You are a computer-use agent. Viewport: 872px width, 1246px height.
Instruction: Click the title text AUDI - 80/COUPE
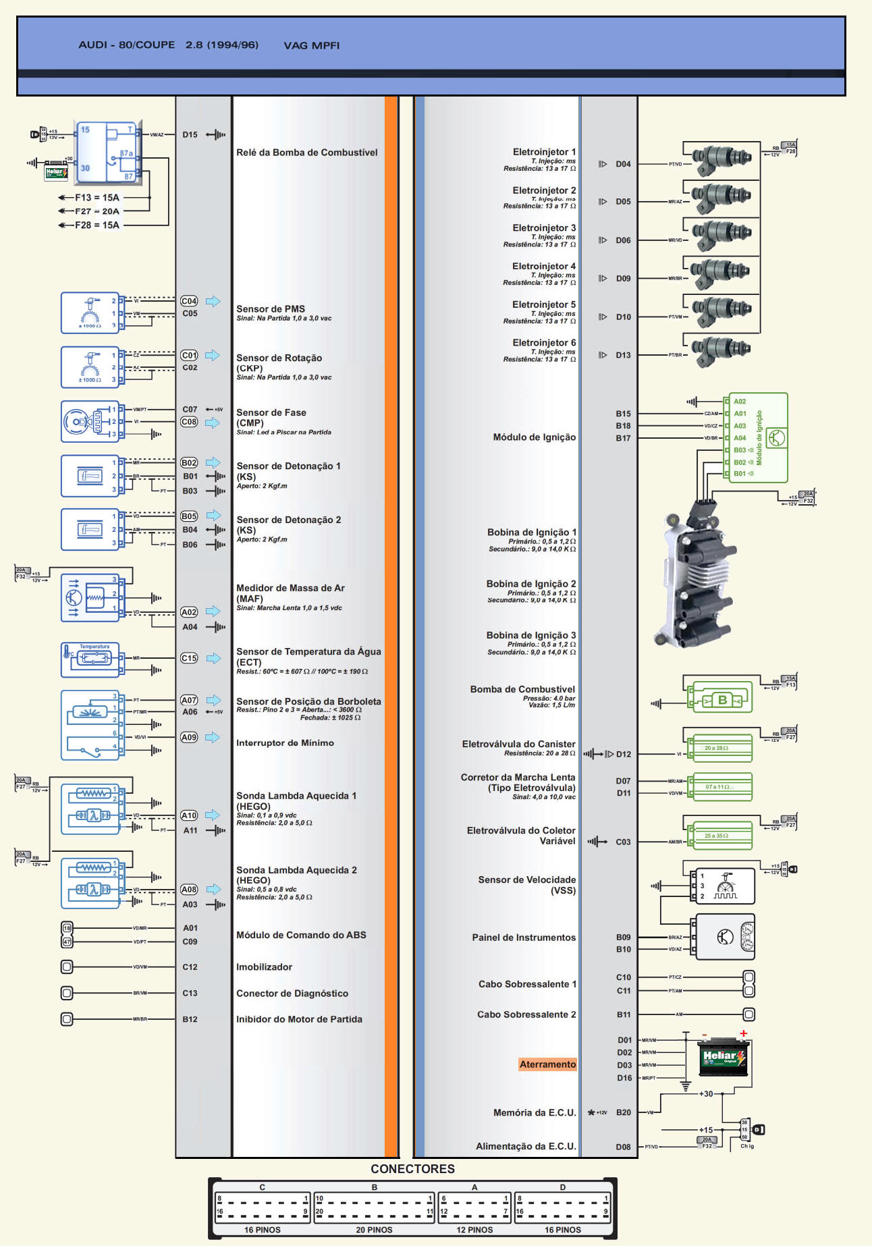pos(126,45)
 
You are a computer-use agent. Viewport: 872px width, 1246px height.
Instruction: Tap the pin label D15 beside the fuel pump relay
pos(190,134)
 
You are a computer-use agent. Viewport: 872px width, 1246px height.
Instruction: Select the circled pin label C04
pos(189,301)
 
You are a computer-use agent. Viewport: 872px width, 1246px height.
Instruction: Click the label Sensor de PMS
pos(270,309)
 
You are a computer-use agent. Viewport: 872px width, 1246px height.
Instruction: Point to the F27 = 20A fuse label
pos(97,211)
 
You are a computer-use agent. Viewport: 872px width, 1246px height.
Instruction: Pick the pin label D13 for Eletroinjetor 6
pos(623,355)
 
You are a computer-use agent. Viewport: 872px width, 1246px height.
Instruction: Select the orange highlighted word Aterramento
pos(547,1064)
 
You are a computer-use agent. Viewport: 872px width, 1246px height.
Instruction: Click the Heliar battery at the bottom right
pos(723,1058)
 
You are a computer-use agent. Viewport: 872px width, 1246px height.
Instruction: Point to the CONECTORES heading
pos(412,1169)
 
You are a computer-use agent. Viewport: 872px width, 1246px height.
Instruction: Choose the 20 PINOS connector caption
pos(374,1230)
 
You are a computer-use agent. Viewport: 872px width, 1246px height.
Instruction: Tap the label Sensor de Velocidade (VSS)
pos(526,885)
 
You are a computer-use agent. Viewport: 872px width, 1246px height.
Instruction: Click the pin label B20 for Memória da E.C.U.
pos(623,1112)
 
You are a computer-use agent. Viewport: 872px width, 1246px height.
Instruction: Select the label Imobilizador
pos(264,967)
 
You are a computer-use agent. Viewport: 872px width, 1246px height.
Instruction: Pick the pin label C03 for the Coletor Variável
pos(623,842)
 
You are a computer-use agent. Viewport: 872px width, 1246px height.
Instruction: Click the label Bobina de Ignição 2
pos(531,584)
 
